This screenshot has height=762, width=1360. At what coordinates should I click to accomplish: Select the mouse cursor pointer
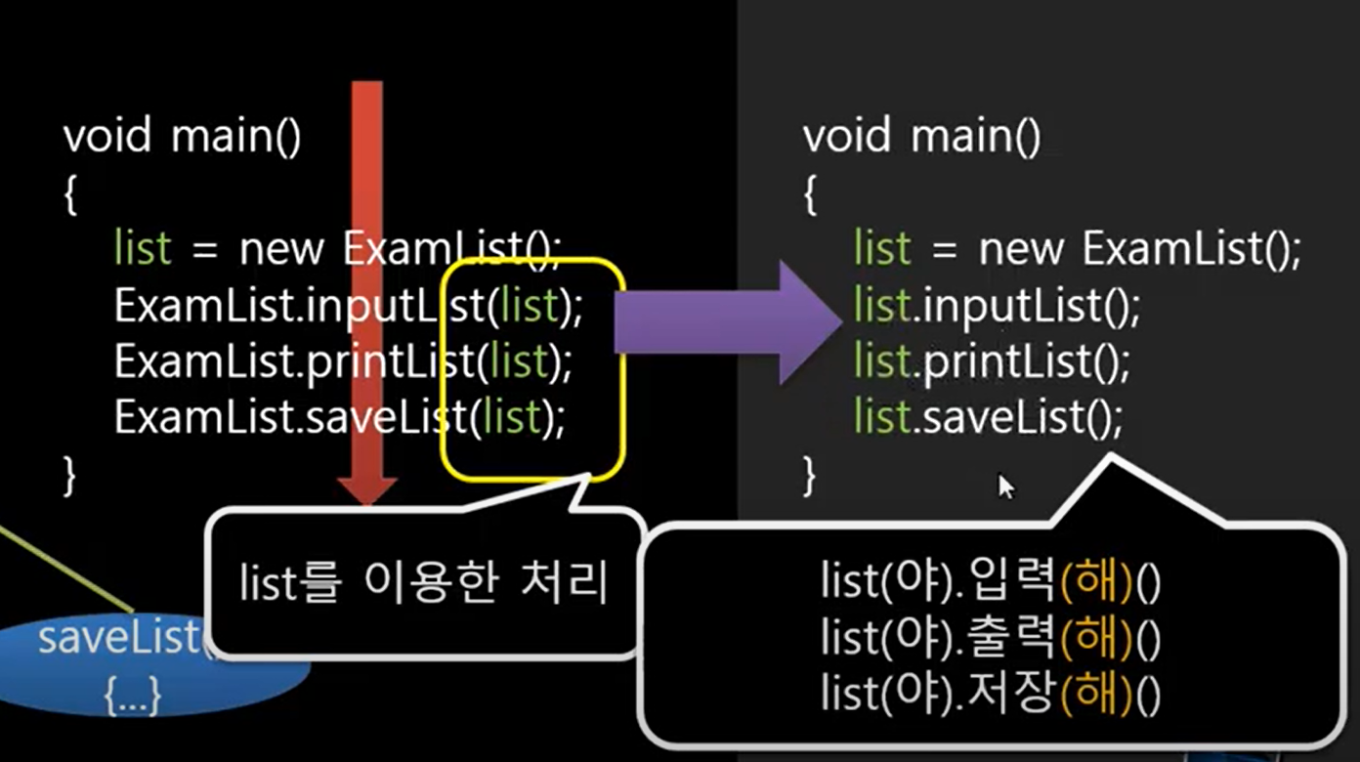tap(1005, 486)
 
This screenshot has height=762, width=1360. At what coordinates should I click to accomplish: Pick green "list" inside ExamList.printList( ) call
tap(519, 363)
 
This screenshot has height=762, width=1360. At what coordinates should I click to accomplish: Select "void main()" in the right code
tap(922, 136)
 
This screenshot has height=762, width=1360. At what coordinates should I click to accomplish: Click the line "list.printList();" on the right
tap(992, 363)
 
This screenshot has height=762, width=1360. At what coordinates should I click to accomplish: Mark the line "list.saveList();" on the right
tap(989, 418)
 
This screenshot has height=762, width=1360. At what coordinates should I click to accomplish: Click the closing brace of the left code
tap(69, 476)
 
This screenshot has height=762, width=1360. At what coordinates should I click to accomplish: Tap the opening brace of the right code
tap(809, 195)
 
